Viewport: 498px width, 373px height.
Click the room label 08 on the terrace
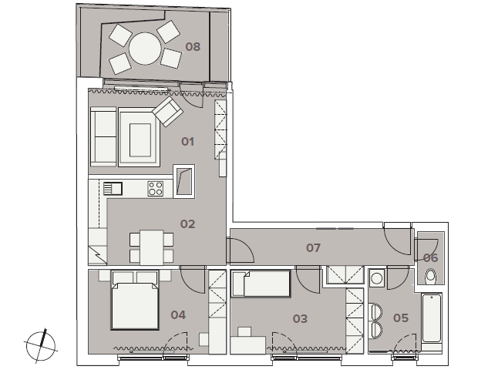point(193,47)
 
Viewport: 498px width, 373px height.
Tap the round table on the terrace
point(145,49)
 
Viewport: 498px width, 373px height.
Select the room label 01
point(187,142)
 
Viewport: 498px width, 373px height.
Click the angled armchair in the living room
point(168,111)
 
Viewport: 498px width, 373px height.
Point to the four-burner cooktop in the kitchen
point(156,189)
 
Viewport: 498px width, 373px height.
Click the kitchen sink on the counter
point(113,188)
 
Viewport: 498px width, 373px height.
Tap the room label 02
point(187,224)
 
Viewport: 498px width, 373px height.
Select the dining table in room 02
point(152,247)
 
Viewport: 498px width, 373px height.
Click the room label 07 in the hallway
point(313,248)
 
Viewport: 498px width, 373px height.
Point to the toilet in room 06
point(431,276)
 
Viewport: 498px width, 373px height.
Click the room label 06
point(431,257)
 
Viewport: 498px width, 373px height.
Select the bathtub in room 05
point(432,318)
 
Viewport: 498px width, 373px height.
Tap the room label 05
point(401,318)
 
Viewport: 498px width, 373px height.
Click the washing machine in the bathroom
point(377,278)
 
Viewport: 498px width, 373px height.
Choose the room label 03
point(300,319)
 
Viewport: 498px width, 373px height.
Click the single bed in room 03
point(261,284)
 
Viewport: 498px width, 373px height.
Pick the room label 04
point(178,315)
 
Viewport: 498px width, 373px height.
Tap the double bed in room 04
point(135,300)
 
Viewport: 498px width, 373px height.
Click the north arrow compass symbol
point(41,346)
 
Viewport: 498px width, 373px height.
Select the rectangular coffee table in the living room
point(140,140)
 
